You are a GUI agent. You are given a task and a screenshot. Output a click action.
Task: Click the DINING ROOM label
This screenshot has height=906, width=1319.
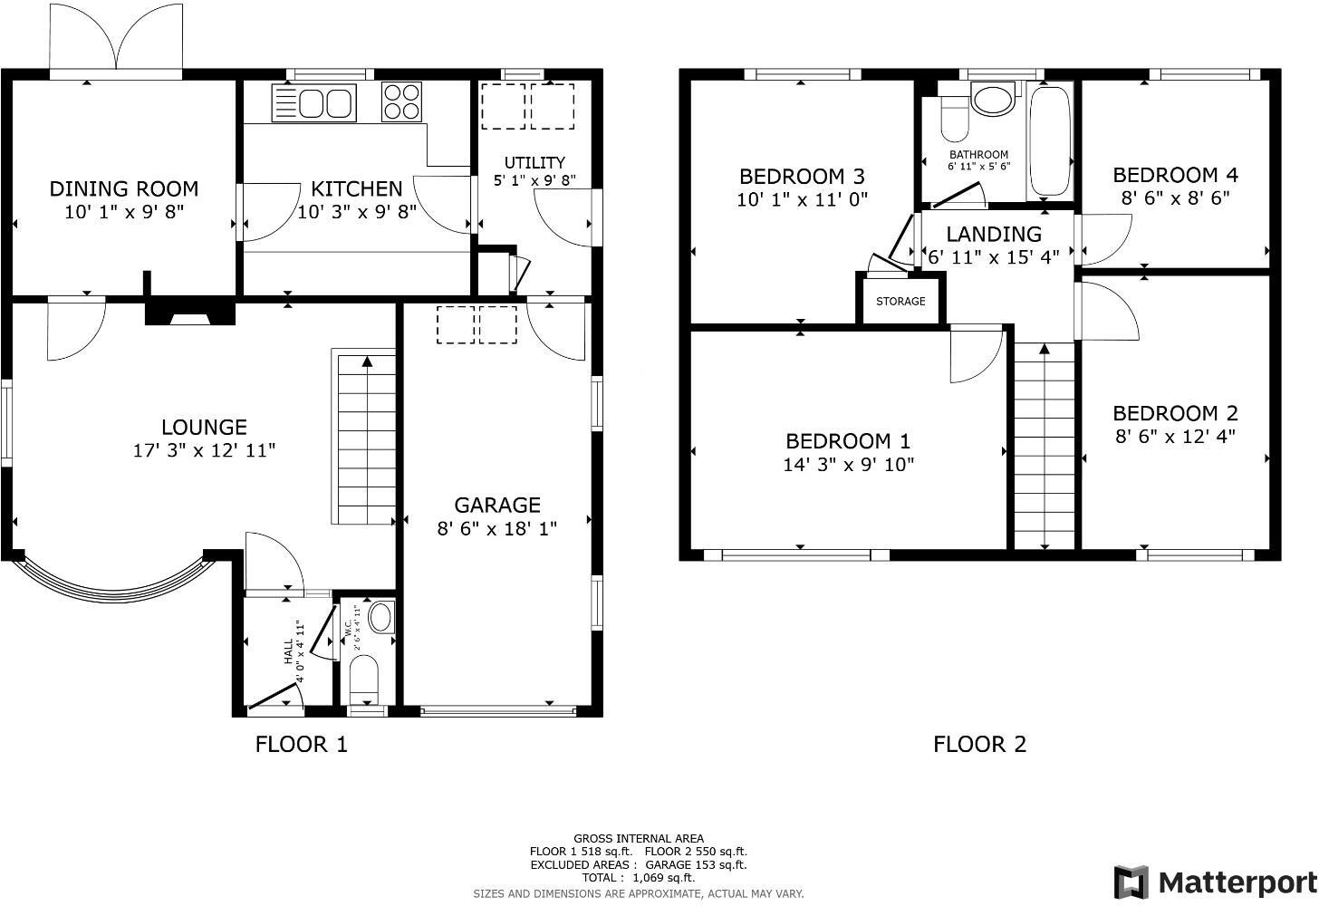click(123, 189)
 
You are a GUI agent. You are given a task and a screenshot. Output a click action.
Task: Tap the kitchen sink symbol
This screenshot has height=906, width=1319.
click(315, 102)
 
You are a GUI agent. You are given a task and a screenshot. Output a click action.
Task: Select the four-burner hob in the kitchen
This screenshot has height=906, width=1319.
click(403, 101)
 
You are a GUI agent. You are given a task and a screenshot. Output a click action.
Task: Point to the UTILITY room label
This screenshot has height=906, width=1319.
click(534, 163)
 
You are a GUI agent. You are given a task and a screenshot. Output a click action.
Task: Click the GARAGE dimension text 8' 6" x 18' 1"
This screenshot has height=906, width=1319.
click(496, 528)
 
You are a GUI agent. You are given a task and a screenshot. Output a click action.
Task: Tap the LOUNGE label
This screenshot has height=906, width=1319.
click(204, 428)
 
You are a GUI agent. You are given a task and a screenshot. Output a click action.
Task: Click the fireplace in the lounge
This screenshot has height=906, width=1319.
click(189, 313)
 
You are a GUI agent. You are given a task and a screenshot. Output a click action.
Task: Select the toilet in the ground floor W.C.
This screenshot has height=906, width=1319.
click(363, 679)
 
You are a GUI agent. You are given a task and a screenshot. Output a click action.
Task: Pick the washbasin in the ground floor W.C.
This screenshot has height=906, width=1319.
click(382, 618)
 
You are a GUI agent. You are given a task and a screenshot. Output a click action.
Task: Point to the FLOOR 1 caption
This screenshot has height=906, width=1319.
click(301, 745)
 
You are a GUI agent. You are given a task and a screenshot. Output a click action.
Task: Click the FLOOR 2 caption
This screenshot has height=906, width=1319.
click(979, 745)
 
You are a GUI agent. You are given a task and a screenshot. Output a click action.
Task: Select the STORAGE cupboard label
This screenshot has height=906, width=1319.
click(900, 301)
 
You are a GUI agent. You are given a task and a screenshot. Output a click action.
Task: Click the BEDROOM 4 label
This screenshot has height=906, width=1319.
click(1175, 175)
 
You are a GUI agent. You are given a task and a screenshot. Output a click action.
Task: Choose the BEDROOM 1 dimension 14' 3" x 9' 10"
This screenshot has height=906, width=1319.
click(848, 465)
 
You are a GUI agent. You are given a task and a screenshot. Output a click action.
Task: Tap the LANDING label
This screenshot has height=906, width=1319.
click(994, 235)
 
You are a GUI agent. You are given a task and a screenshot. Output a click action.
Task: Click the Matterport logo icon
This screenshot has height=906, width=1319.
click(1131, 882)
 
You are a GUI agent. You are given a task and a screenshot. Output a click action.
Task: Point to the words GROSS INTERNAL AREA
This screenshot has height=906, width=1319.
click(639, 839)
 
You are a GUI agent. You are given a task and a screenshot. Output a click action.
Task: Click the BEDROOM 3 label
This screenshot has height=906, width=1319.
click(802, 176)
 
